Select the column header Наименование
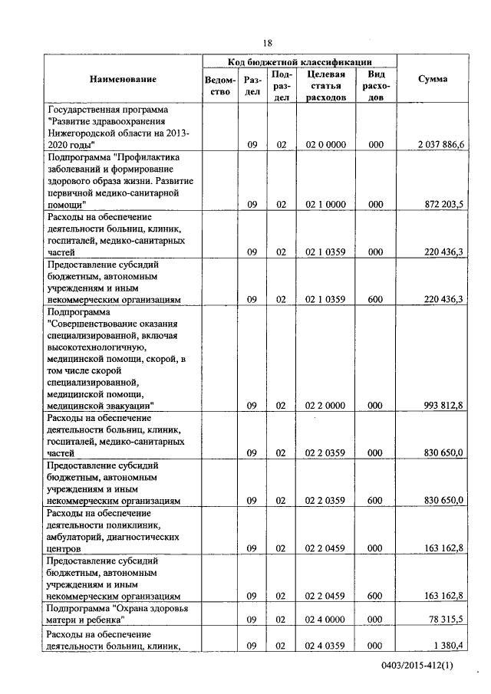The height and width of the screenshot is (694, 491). [x=123, y=80]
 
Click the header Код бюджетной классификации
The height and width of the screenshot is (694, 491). [x=299, y=61]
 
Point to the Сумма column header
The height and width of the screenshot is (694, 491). [x=433, y=80]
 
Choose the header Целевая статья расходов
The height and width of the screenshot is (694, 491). [x=325, y=86]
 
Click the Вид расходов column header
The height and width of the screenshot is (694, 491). [x=376, y=86]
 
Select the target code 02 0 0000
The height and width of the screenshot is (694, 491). [x=325, y=144]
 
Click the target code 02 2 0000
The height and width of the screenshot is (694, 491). [x=325, y=405]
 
